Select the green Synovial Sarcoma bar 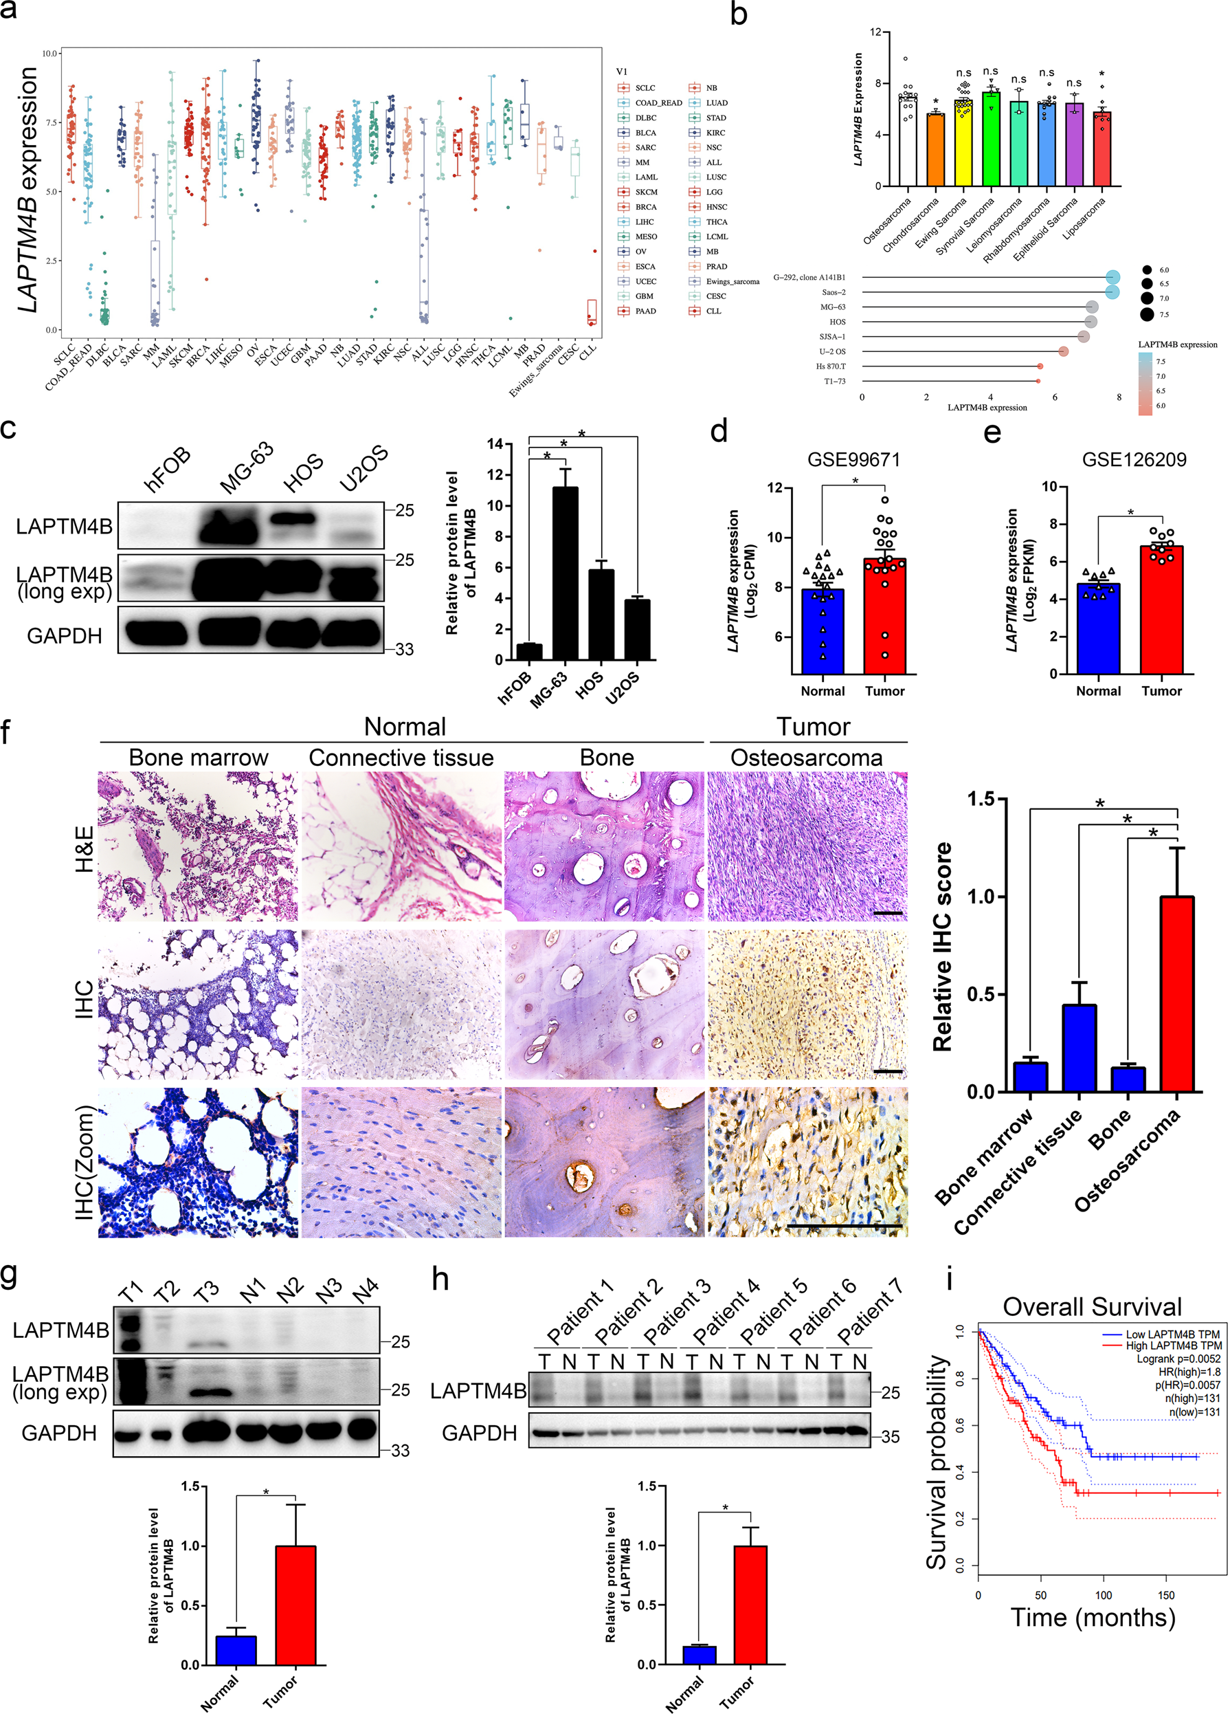990,140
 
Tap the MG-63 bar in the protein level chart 565,573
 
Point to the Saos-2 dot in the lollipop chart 1112,292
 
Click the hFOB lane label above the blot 168,470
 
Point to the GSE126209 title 1134,459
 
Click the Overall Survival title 1092,1307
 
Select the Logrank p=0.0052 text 1178,1359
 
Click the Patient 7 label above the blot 870,1312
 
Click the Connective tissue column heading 401,757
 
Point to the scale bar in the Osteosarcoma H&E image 888,913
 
